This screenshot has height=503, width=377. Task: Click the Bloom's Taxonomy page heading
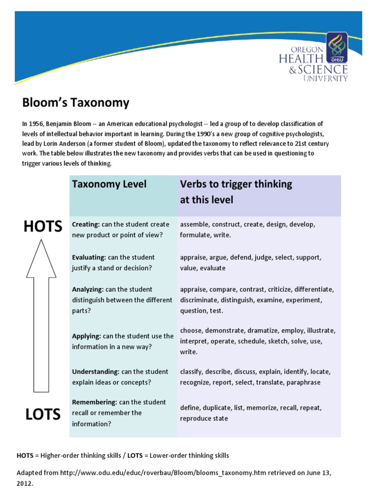pos(76,103)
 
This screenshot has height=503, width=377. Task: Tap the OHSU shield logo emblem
pos(338,46)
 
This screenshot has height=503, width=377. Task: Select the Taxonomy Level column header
pos(109,184)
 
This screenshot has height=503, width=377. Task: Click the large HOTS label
pos(43,226)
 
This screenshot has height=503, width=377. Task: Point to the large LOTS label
pos(43,414)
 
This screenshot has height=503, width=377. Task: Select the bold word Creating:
pos(86,224)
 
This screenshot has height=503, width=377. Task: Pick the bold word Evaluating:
pos(89,257)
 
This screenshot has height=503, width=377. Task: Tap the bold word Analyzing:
pos(88,289)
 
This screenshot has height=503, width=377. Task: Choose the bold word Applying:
pos(86,336)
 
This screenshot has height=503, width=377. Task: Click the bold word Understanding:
pos(95,372)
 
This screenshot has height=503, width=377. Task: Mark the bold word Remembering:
pos(94,402)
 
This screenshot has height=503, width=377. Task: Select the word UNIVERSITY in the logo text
pos(325,78)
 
